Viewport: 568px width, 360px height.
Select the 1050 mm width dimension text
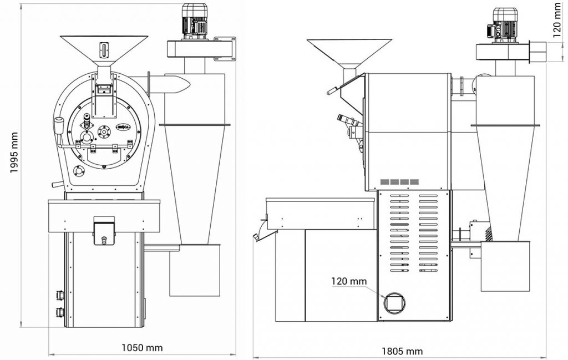[142, 348]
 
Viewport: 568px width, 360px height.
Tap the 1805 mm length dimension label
[402, 351]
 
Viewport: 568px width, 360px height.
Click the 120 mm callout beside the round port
[349, 281]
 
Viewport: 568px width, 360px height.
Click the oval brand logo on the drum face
[124, 127]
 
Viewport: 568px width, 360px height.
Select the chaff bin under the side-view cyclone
[503, 266]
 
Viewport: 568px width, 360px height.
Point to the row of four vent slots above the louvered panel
[399, 181]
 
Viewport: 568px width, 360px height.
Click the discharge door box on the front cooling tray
[104, 229]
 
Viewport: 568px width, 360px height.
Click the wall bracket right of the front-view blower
[226, 48]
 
